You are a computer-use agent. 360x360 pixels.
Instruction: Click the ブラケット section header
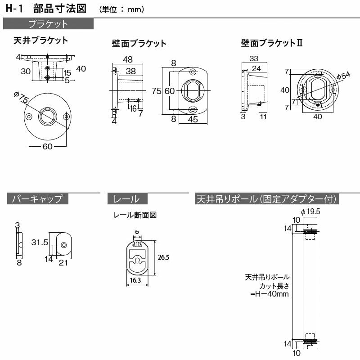tap(48, 24)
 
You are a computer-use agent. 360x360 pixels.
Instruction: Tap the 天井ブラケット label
tap(41, 40)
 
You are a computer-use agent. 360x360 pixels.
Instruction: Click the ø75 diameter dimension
tap(21, 97)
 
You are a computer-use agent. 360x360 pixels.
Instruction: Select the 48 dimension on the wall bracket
tap(128, 59)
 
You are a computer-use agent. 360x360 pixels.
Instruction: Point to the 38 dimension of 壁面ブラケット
tap(130, 71)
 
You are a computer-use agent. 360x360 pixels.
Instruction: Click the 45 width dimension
tap(193, 119)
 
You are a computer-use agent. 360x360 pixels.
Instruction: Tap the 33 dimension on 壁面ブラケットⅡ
tap(254, 58)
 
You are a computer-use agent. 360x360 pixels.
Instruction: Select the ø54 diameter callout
tap(343, 76)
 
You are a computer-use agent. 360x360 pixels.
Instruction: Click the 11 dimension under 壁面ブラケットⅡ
tap(263, 117)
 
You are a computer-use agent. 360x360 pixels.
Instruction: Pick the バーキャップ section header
tap(38, 198)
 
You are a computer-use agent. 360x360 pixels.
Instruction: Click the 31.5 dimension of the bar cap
tap(40, 242)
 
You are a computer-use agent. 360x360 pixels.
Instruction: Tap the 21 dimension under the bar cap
tap(63, 263)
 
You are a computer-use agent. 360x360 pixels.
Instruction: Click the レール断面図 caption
tap(135, 215)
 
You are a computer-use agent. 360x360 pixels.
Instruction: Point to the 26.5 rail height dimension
tap(163, 257)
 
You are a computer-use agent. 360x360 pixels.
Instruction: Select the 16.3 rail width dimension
tap(135, 280)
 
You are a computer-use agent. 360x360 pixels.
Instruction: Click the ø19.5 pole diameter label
tap(310, 211)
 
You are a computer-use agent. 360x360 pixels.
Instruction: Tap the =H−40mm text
tap(270, 294)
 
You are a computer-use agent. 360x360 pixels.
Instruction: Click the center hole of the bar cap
tap(63, 245)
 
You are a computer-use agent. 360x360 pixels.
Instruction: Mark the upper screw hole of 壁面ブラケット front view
tap(193, 72)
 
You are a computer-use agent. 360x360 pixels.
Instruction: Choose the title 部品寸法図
tap(60, 9)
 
